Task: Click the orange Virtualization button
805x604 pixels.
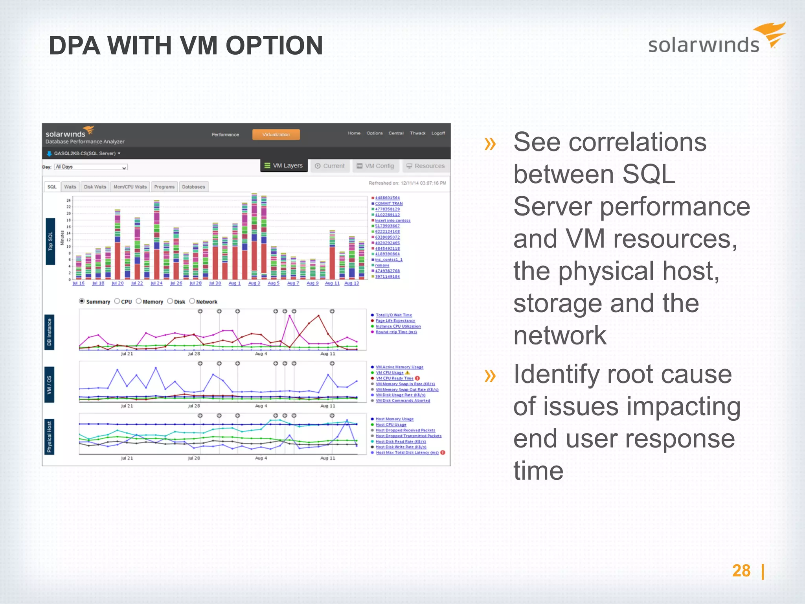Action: [x=276, y=134]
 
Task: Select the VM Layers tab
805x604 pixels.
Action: [x=284, y=166]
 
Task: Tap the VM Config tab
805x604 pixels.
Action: [x=375, y=166]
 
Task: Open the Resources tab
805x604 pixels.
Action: [x=426, y=166]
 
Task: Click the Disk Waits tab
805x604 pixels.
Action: [x=95, y=187]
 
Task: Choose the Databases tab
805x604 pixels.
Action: [x=193, y=187]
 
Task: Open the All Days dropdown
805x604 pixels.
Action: [x=91, y=167]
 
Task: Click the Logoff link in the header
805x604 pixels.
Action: [x=438, y=133]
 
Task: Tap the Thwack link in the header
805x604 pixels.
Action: [x=417, y=133]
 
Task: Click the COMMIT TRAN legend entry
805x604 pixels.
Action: [x=389, y=204]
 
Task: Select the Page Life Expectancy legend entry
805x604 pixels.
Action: [x=395, y=321]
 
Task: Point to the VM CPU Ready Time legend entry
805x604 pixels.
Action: [x=394, y=378]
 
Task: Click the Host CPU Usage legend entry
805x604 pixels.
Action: [x=391, y=425]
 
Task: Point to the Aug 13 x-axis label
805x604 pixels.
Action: [x=351, y=283]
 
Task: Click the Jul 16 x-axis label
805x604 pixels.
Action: [x=79, y=283]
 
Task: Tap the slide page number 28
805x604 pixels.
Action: [x=741, y=571]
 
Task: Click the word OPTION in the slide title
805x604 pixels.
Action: [x=274, y=46]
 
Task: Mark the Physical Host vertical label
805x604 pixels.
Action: [x=50, y=437]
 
